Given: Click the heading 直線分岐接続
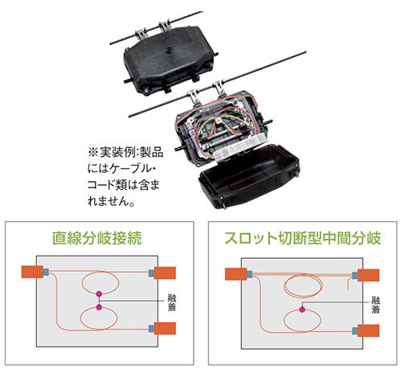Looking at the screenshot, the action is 96,238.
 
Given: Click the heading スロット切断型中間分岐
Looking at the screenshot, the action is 302,238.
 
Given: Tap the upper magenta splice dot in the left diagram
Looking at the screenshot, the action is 99,294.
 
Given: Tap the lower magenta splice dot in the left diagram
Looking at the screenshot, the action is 99,307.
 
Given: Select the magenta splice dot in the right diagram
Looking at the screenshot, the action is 302,310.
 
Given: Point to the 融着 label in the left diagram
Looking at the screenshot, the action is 171,302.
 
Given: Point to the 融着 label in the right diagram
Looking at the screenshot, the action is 375,305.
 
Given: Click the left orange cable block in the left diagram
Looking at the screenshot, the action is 32,272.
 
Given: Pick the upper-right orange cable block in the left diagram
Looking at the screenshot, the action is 165,273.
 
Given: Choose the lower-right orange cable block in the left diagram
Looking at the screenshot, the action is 165,328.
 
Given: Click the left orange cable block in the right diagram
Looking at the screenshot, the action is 236,274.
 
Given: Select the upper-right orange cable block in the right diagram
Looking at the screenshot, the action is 368,275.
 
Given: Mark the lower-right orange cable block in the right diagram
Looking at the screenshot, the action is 368,331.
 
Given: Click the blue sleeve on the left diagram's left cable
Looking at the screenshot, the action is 46,272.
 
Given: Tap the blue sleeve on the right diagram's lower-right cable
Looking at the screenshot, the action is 355,331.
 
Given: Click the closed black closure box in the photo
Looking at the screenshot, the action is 170,61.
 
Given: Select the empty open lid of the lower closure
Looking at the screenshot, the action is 248,176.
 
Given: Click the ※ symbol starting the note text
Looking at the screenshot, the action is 93,153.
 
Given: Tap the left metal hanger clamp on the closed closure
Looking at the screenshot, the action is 141,34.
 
